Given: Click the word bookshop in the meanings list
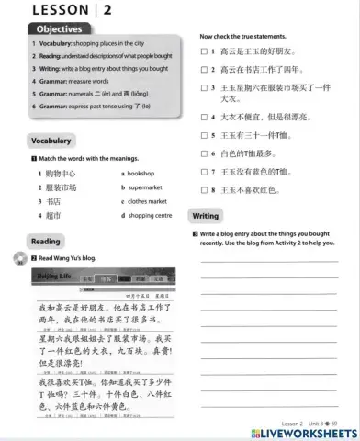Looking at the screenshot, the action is [145, 173].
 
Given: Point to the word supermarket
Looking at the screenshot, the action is [148, 187].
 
